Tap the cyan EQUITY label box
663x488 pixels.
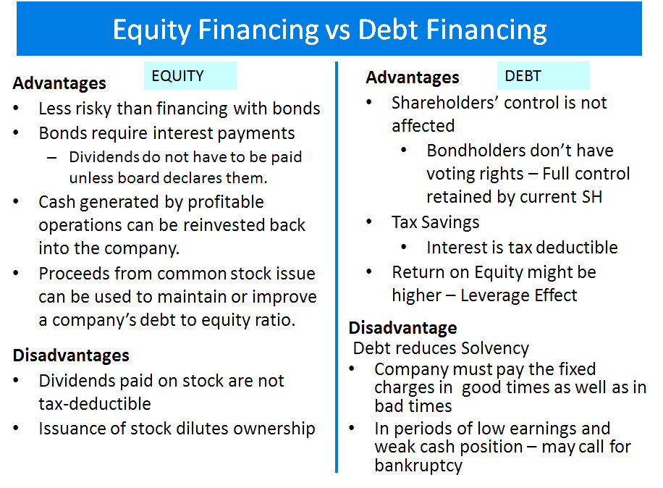pyautogui.click(x=190, y=76)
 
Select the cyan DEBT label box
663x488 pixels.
pyautogui.click(x=543, y=76)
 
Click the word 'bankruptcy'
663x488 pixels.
pyautogui.click(x=418, y=466)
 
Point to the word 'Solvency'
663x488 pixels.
pyautogui.click(x=494, y=348)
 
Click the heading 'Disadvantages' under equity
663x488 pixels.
pyautogui.click(x=71, y=356)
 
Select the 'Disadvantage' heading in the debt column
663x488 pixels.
pyautogui.click(x=403, y=328)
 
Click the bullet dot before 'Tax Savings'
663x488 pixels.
pyautogui.click(x=368, y=222)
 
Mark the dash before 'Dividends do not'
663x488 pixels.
pyautogui.click(x=52, y=158)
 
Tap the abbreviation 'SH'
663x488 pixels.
pyautogui.click(x=592, y=197)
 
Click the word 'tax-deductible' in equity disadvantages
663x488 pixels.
pyautogui.click(x=95, y=404)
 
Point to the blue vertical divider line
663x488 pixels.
pyautogui.click(x=337, y=267)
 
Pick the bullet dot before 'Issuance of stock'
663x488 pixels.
pyautogui.click(x=16, y=428)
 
